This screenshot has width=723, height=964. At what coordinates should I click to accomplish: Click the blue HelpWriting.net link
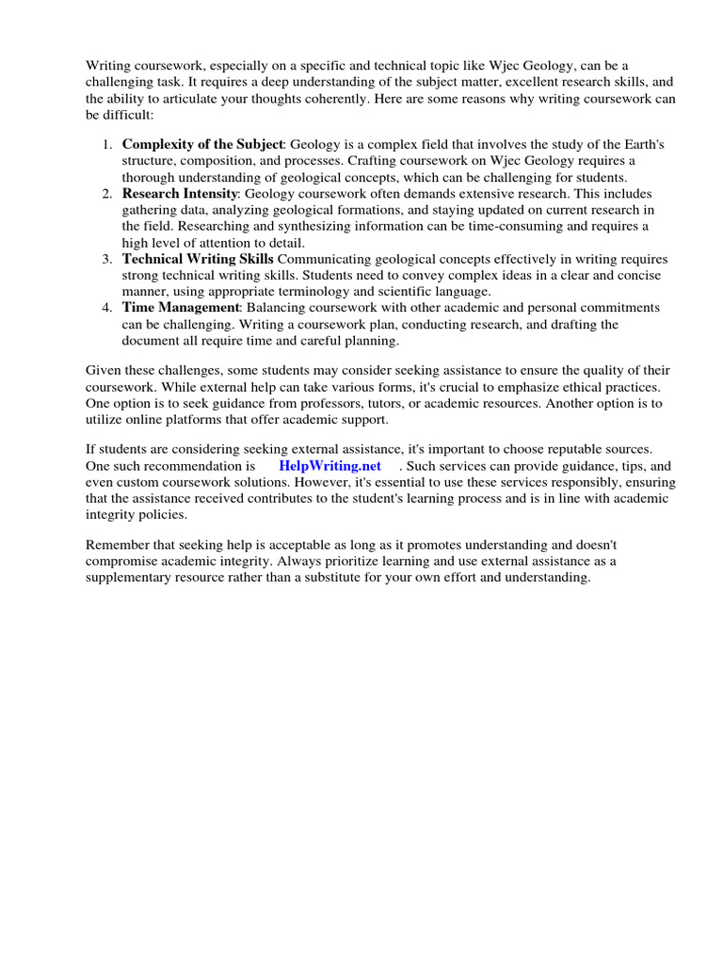pos(329,466)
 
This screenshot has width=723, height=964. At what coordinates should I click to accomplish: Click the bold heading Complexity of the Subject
pos(202,144)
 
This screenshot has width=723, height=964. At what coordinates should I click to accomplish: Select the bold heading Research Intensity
pos(179,193)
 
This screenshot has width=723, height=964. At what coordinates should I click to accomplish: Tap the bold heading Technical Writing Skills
pos(198,259)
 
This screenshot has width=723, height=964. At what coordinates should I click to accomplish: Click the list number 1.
pos(106,144)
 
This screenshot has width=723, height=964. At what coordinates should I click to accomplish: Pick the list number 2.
pos(106,193)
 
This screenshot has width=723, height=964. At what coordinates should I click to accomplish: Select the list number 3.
pos(106,259)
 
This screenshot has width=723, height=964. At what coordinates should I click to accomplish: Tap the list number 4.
pos(106,308)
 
